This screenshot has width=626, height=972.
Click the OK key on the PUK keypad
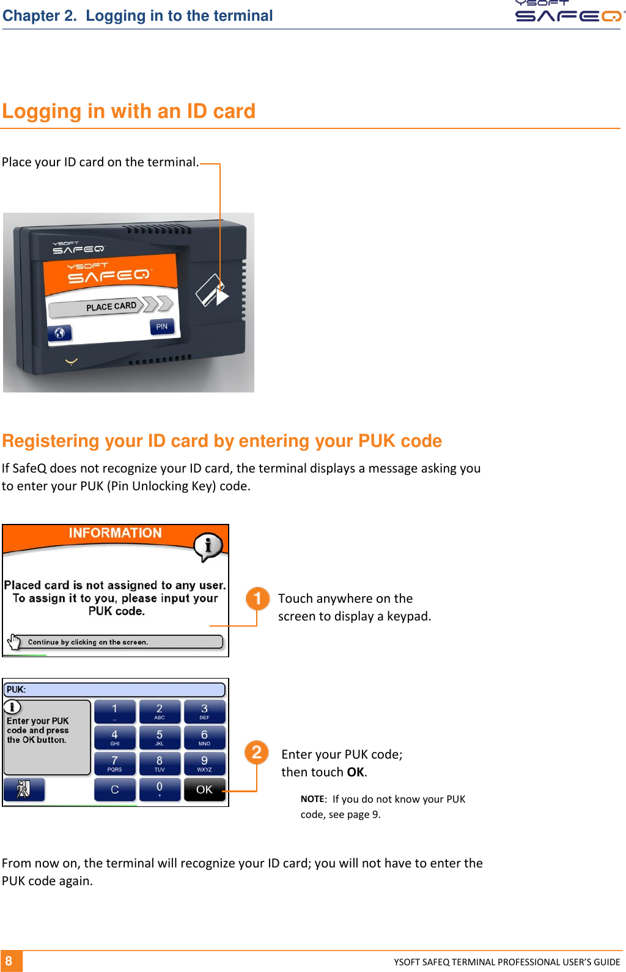(204, 789)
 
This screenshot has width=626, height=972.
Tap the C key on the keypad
(114, 789)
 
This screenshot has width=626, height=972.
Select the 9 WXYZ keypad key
(204, 764)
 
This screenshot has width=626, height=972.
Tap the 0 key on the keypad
(160, 789)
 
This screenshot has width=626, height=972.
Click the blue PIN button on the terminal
(162, 326)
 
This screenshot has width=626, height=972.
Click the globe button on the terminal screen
(60, 333)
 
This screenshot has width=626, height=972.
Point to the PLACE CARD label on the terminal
(111, 306)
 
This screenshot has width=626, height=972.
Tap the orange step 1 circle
(257, 598)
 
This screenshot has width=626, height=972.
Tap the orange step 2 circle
(257, 752)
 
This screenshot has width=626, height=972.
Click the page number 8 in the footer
(9, 961)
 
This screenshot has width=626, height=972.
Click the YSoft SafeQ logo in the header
(569, 12)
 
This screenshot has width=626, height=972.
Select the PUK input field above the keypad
(114, 690)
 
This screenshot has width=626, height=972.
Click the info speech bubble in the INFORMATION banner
(208, 545)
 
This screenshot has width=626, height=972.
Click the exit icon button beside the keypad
(24, 789)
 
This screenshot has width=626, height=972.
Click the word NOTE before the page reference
(313, 799)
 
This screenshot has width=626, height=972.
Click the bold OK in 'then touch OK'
(356, 772)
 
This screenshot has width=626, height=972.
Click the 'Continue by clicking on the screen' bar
(116, 642)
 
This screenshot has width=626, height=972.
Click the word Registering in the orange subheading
(50, 441)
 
